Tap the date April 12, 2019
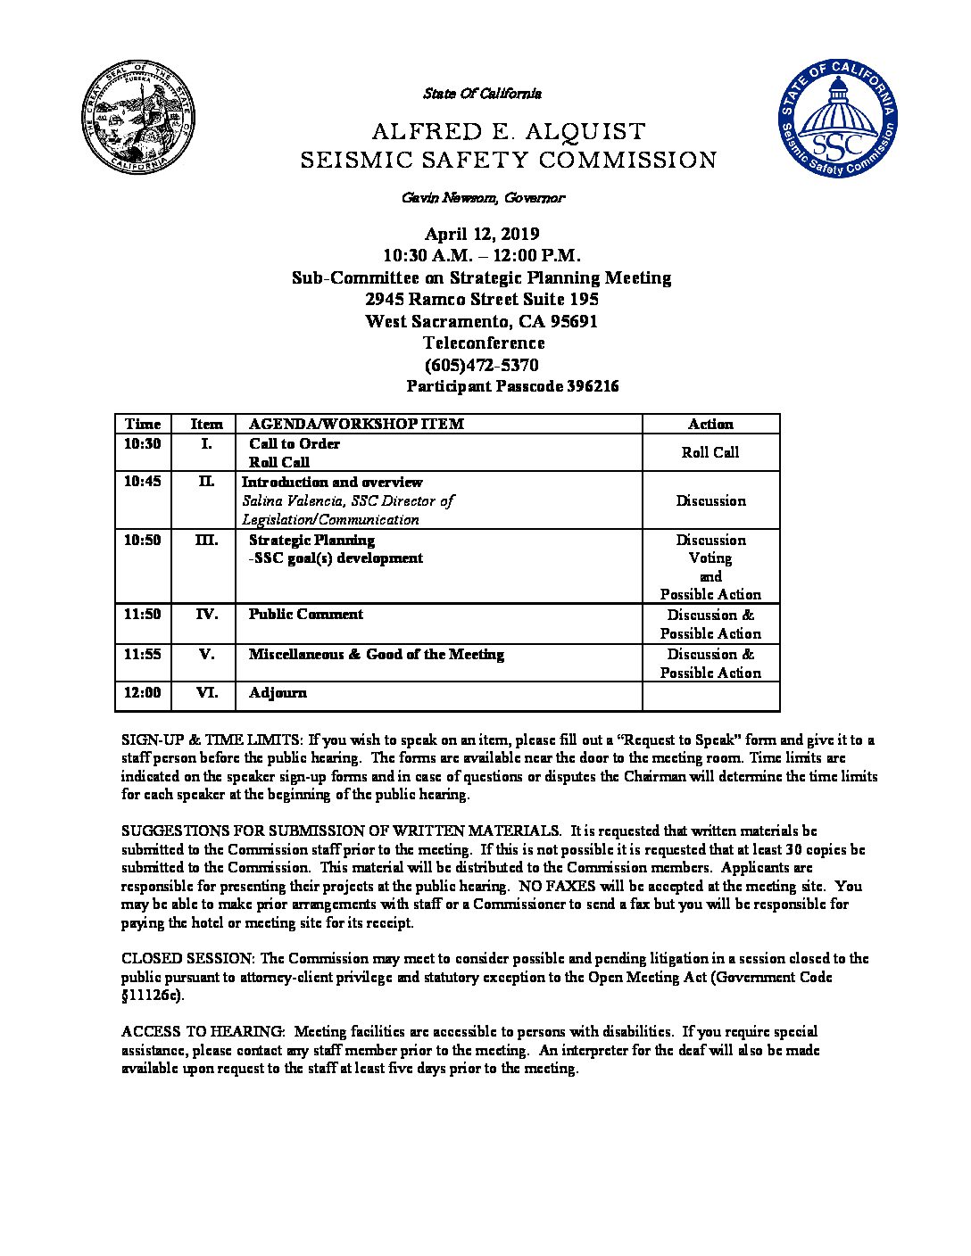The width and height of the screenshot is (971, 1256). coord(482,235)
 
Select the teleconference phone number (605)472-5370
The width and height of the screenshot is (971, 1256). coord(482,365)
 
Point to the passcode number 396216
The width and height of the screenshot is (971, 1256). coord(593,387)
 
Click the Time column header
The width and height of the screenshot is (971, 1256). coord(143,425)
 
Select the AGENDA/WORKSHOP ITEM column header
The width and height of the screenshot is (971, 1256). coord(356,425)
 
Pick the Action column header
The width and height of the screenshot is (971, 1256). coord(710,425)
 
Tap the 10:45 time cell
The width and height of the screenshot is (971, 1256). coord(143,482)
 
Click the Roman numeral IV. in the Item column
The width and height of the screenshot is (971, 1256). coord(206,615)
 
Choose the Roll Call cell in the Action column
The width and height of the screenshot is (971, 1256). coord(710,452)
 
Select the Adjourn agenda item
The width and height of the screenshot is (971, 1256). coord(278,693)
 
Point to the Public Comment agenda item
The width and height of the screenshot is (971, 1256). coord(305,615)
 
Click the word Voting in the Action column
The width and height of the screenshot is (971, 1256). coord(710,558)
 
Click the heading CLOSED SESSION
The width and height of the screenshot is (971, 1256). coord(188,959)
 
